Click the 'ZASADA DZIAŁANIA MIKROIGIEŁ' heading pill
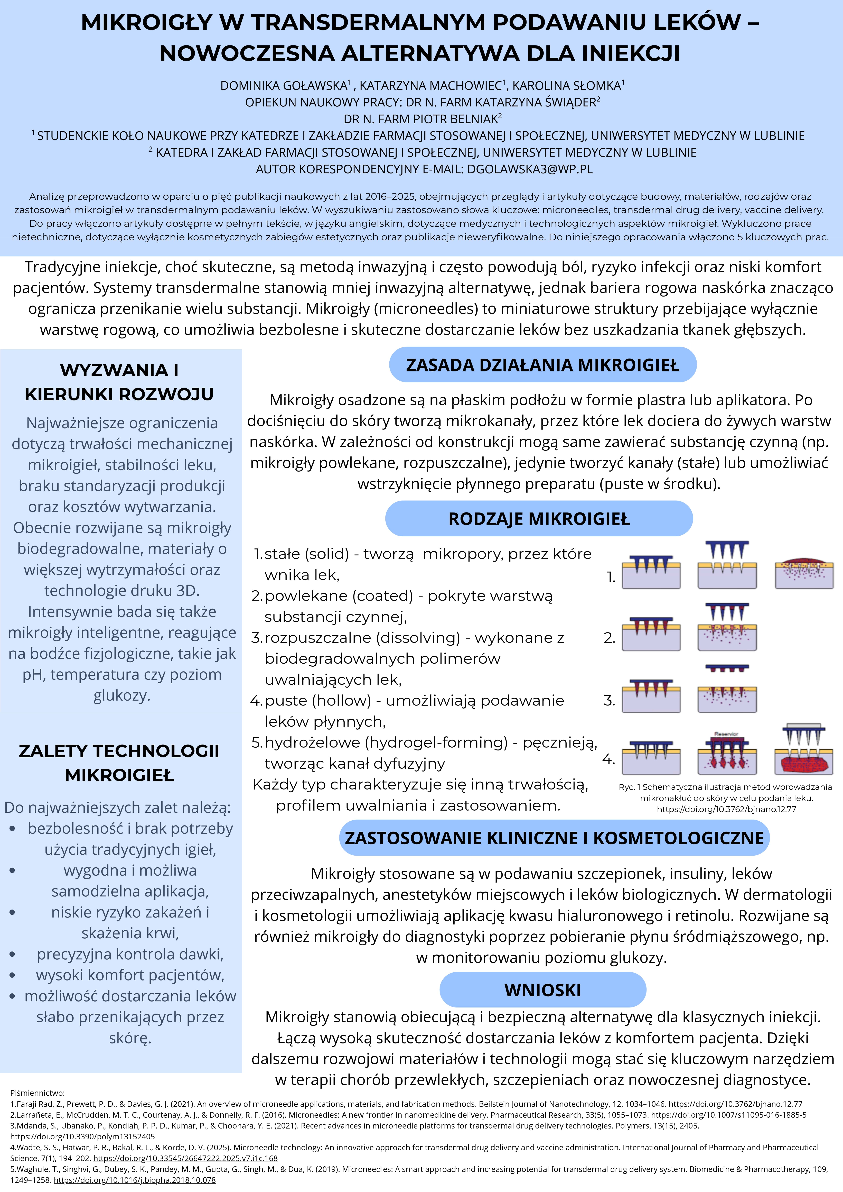[x=542, y=365]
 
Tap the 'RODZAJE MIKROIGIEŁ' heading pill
[x=539, y=519]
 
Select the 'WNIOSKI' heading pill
[x=542, y=990]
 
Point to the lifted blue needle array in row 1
[x=727, y=549]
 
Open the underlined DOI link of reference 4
[x=185, y=1158]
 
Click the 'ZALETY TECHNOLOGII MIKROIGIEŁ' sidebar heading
[x=119, y=763]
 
